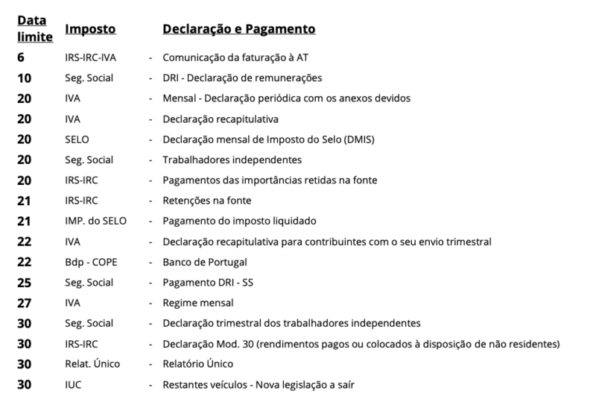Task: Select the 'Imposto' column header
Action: [x=90, y=29]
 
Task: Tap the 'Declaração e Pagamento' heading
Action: [x=238, y=29]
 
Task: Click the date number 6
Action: [x=22, y=57]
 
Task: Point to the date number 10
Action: [x=25, y=78]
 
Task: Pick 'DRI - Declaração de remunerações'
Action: [x=242, y=78]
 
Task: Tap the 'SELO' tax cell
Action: [x=77, y=139]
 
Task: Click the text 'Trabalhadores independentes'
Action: [x=232, y=160]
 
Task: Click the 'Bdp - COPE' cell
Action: [x=92, y=262]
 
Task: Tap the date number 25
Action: [x=25, y=283]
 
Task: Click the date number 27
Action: [x=25, y=303]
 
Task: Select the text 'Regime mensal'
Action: [x=198, y=303]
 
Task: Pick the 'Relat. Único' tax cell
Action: [x=92, y=364]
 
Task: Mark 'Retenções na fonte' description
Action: [x=206, y=201]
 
